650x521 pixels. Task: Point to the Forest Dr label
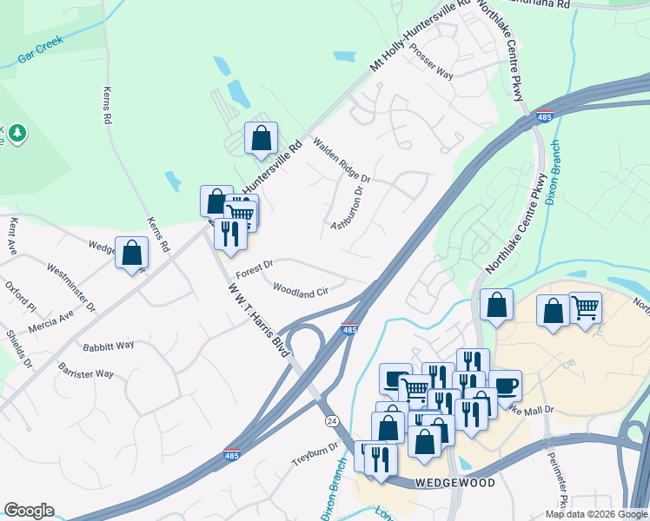coord(254,263)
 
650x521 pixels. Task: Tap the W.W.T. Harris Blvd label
coord(257,319)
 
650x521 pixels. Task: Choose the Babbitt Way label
coord(109,345)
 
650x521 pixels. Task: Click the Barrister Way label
coord(86,373)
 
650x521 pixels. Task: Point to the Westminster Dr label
coord(71,288)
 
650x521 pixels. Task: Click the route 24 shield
coord(331,420)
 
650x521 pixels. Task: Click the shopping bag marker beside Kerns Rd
coord(131,254)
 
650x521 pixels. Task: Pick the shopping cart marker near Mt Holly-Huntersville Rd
coord(241,212)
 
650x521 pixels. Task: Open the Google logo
coord(29,511)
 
